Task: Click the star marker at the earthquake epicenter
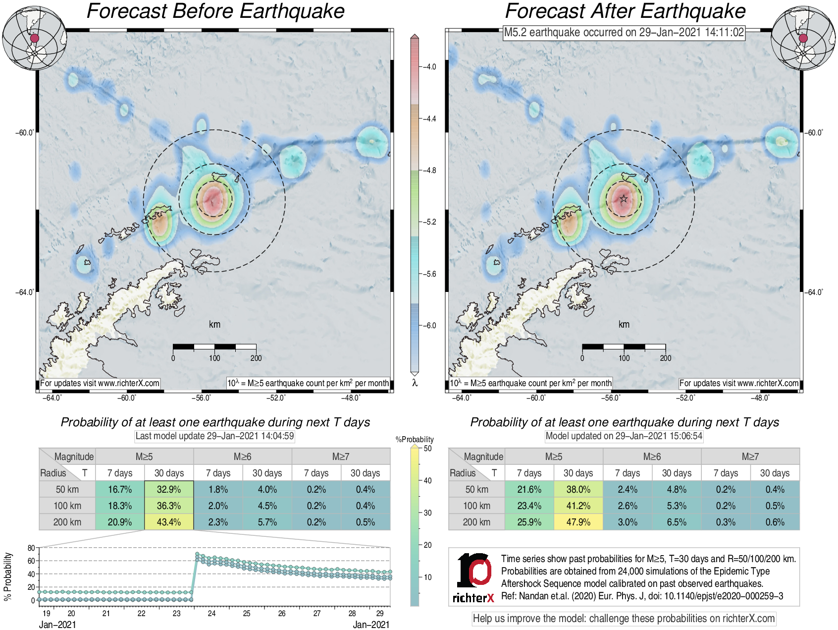tap(624, 199)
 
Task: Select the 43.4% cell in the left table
tap(169, 522)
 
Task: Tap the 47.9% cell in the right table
tap(578, 522)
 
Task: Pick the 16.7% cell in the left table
tap(120, 489)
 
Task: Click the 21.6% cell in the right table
tap(529, 489)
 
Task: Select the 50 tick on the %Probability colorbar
tap(427, 449)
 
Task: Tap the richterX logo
tap(473, 578)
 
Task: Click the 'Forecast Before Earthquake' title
tap(215, 11)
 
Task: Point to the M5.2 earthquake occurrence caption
tap(624, 33)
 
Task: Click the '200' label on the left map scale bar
tap(256, 358)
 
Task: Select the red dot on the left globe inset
tap(34, 38)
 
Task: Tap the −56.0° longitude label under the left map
tap(202, 398)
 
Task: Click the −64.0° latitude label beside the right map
tap(814, 292)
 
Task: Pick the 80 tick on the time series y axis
tap(31, 548)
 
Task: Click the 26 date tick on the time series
tap(282, 614)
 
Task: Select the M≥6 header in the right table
tap(652, 457)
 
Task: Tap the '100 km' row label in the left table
tap(67, 506)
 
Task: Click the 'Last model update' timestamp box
tap(215, 436)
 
